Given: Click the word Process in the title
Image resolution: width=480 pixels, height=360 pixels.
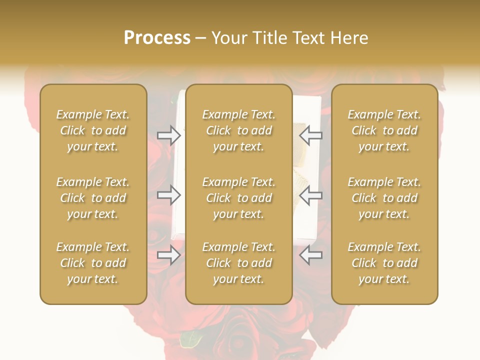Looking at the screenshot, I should point(157,38).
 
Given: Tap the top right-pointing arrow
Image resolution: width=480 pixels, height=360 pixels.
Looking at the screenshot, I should point(169,135).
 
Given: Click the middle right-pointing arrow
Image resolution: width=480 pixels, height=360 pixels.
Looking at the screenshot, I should point(169,194).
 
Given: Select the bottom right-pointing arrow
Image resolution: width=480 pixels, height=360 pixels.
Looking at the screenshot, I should point(169,255).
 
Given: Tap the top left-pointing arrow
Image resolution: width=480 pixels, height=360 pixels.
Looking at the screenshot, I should point(311,135).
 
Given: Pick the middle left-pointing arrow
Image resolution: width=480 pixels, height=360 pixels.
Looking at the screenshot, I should point(311,194).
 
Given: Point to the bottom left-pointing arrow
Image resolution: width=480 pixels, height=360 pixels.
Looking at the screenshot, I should point(311,255).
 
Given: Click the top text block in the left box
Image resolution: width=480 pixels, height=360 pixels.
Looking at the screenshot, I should point(93,130).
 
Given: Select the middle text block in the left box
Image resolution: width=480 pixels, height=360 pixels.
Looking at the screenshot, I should point(93,198).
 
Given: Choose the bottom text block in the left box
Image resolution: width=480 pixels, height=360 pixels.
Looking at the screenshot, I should point(93,263).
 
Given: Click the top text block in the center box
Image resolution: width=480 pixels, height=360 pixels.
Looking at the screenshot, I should point(239,130).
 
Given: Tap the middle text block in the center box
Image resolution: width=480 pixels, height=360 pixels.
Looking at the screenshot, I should point(239,198).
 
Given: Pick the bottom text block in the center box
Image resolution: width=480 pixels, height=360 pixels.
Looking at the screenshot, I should point(239,263).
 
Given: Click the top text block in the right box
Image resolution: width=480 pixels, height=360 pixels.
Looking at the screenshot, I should point(384,130).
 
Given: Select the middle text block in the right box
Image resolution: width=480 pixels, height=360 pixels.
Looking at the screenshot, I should point(384,198).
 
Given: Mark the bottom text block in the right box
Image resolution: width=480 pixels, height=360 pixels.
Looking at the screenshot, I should point(384,263).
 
